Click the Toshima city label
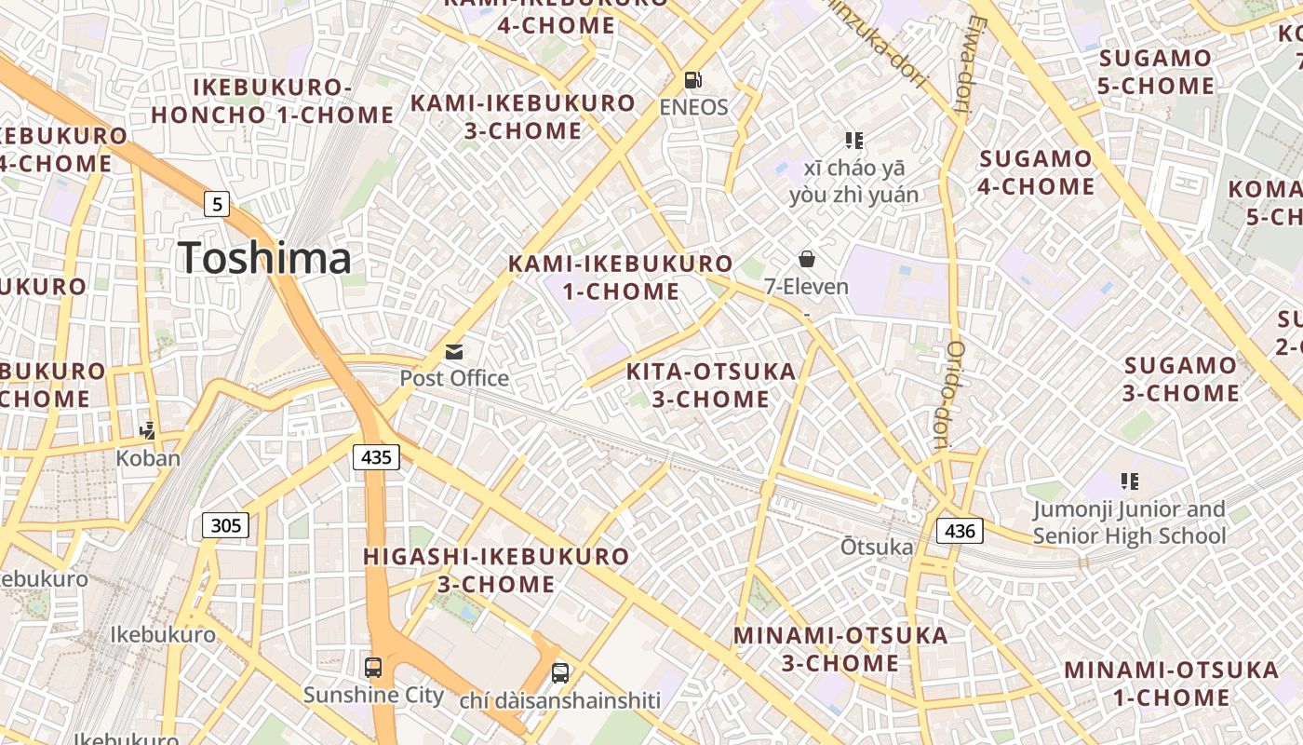tap(264, 258)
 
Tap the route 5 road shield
tap(216, 203)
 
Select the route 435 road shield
tap(376, 456)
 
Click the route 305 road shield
tap(225, 525)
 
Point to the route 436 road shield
tap(959, 531)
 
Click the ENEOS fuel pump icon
tap(692, 80)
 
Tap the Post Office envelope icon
tap(454, 351)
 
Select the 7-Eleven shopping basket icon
tap(806, 259)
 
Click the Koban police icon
tap(147, 430)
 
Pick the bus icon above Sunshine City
tap(373, 667)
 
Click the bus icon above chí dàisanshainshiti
tap(559, 672)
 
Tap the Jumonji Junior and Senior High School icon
tap(1130, 481)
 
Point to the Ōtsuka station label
tap(876, 547)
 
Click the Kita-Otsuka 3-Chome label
tap(711, 386)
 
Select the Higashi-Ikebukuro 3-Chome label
tap(496, 570)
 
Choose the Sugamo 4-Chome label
tap(1037, 172)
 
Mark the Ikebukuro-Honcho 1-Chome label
tap(273, 102)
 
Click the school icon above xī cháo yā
tap(854, 141)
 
